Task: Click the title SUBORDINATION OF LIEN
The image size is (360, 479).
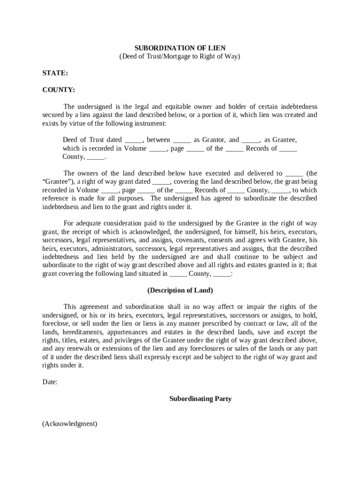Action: pos(180,48)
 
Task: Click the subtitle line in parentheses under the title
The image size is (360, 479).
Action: pos(180,56)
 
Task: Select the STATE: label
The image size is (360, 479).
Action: pos(55,73)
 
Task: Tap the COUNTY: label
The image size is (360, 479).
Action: pos(58,89)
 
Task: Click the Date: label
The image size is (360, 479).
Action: pos(50,382)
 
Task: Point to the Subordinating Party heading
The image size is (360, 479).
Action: pos(200,399)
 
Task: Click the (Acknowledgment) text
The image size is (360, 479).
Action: pos(70,424)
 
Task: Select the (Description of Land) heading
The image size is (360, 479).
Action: pos(180,290)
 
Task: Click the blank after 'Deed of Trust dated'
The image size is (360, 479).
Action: pos(134,140)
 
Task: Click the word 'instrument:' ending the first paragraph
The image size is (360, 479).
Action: pos(150,123)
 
